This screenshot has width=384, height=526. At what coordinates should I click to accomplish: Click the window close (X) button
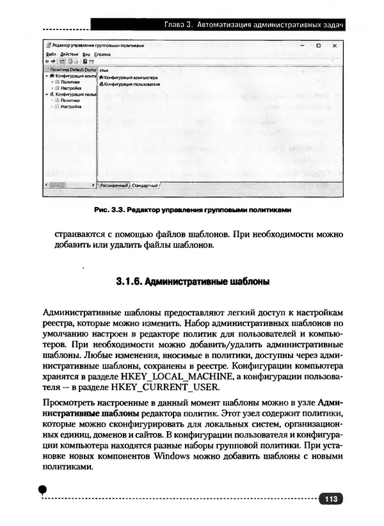tap(333, 46)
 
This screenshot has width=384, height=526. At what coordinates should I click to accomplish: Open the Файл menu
tap(52, 54)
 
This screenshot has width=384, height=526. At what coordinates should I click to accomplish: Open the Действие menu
tap(69, 54)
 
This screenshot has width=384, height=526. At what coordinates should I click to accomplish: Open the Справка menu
tap(102, 54)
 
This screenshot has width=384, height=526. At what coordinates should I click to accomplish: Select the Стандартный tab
tap(145, 185)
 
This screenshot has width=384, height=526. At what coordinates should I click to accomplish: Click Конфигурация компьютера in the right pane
tap(131, 77)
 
